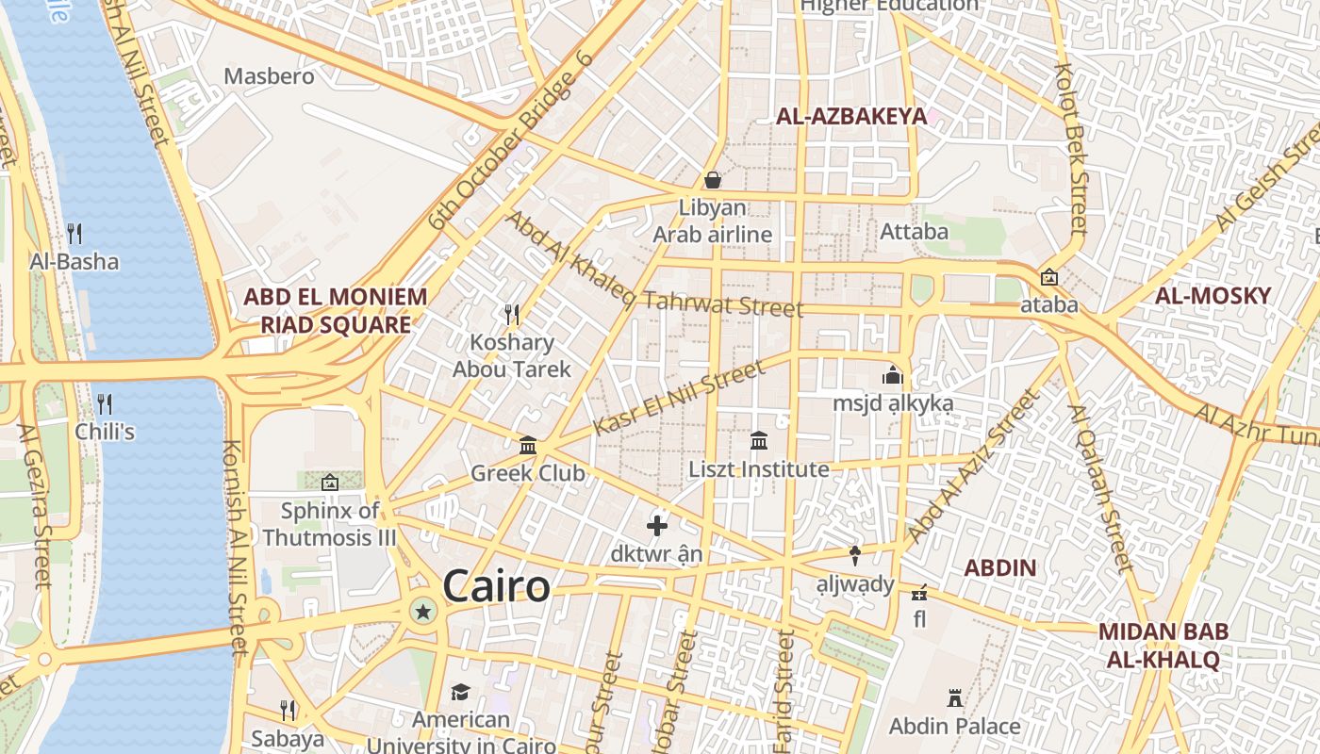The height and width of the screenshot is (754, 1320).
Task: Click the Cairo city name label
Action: [496, 586]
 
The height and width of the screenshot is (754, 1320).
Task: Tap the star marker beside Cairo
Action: [423, 613]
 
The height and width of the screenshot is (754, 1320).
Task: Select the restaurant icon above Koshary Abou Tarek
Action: [512, 313]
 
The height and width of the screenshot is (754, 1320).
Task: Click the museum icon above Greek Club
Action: [528, 445]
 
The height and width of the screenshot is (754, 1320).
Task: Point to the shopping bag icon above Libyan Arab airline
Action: [713, 179]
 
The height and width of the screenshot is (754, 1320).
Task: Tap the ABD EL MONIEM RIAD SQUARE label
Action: [336, 311]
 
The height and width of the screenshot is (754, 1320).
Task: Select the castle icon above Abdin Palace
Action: [954, 698]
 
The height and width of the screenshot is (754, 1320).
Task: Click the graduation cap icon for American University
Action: [460, 693]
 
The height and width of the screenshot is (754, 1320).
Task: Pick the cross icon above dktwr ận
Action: [657, 525]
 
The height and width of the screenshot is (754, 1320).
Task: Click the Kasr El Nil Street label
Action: [679, 399]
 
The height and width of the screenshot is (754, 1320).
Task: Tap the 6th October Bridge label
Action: [510, 140]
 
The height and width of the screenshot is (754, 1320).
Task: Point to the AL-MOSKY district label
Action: [1213, 296]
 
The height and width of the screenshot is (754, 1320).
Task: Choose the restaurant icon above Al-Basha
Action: [74, 233]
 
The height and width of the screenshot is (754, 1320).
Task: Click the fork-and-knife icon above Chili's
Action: [105, 404]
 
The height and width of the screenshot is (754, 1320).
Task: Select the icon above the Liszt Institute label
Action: [759, 440]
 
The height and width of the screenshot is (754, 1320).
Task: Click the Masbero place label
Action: [269, 75]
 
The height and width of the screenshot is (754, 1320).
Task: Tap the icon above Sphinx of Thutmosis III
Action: [329, 483]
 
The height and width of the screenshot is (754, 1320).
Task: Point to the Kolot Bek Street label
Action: [1072, 149]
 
